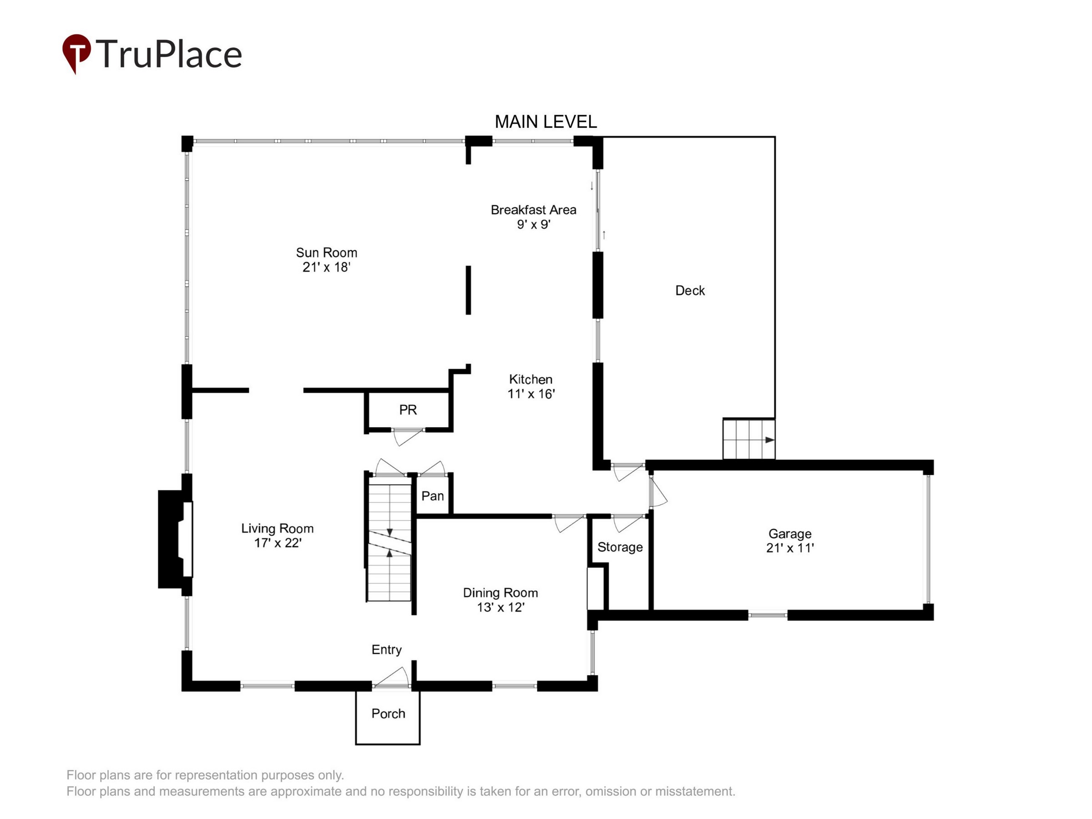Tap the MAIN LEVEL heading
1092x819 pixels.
click(546, 121)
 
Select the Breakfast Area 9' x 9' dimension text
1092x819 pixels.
click(534, 224)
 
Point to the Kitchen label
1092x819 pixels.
click(531, 379)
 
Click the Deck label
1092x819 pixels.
click(690, 290)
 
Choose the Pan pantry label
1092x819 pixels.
click(432, 495)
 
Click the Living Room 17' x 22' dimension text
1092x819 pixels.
click(278, 542)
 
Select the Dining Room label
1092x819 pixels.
click(500, 592)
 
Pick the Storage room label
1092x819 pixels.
click(620, 547)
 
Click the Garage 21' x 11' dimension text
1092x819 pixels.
click(790, 547)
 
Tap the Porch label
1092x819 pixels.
click(388, 713)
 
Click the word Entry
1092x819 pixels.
click(387, 650)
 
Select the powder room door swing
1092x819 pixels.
click(409, 437)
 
